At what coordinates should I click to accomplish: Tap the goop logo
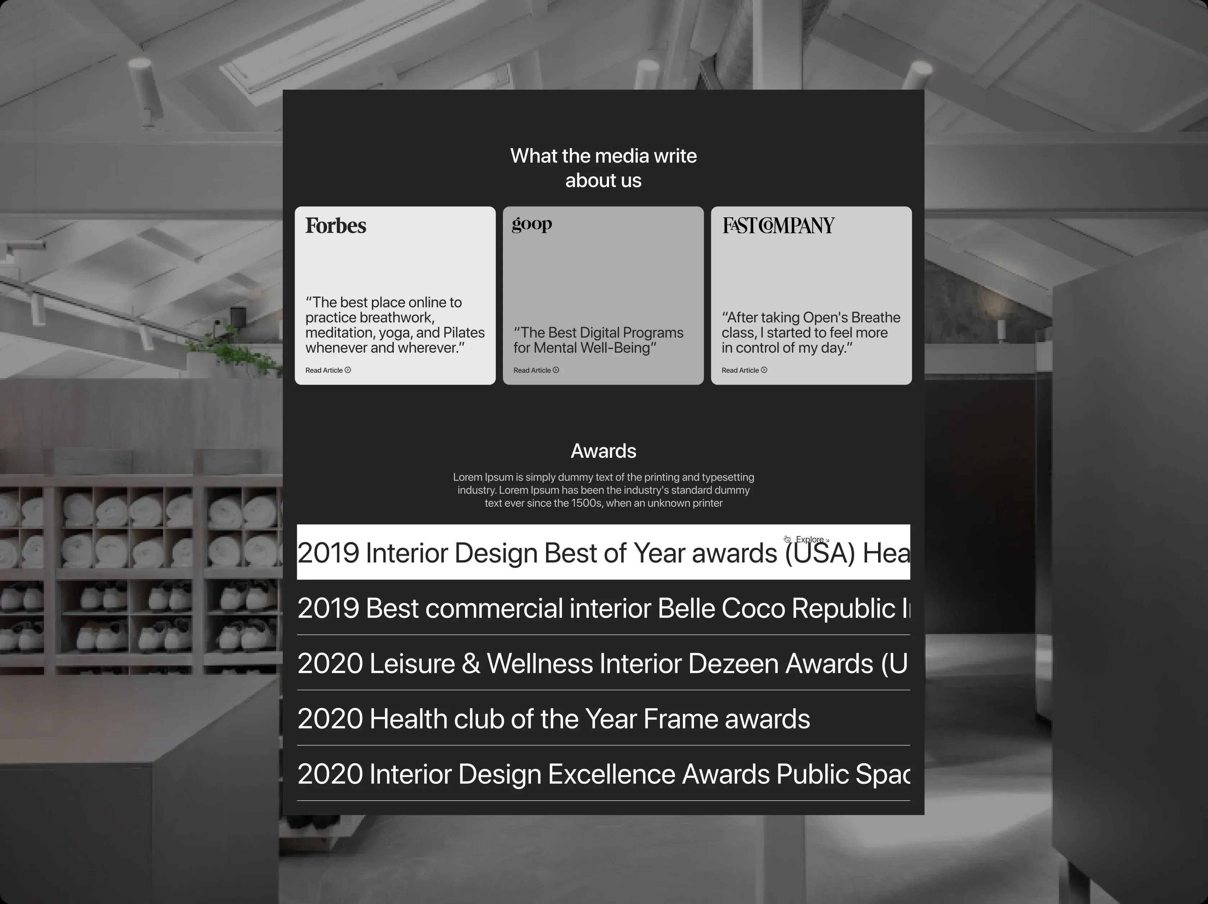coord(532,225)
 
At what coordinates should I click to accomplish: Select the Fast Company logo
coord(779,225)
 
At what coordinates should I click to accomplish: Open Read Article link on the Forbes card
coord(328,370)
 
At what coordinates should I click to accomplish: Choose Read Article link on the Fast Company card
coord(744,370)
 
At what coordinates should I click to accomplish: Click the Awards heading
coord(603,451)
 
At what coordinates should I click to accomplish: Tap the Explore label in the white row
coord(809,540)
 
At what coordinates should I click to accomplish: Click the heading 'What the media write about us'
coord(603,168)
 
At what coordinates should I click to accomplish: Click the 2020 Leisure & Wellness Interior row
coord(603,664)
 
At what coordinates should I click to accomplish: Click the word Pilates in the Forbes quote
coord(464,333)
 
